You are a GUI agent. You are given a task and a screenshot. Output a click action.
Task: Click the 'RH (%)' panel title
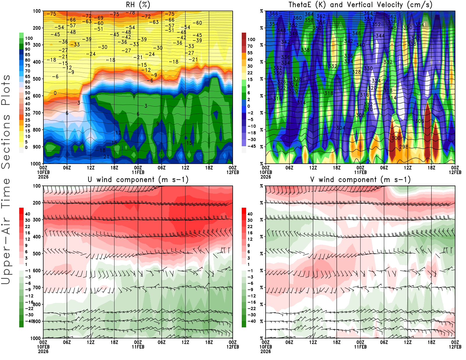point(138,5)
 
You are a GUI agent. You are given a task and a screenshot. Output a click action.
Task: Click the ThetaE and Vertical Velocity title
point(360,5)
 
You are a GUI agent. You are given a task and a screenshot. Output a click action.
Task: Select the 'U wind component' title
point(138,179)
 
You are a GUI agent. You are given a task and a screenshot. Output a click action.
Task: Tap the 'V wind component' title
point(360,179)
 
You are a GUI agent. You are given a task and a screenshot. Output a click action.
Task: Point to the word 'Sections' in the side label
point(6,142)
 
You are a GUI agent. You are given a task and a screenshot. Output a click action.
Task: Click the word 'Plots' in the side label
point(6,90)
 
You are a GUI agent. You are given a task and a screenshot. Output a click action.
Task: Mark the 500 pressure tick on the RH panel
point(37,79)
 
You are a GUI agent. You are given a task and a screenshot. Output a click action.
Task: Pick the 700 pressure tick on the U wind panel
point(37,287)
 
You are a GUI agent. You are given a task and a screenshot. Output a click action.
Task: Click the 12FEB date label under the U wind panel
point(233,347)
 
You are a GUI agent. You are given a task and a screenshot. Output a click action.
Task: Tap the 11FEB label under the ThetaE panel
point(360,172)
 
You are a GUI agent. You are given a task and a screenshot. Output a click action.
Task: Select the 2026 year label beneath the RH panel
point(43,177)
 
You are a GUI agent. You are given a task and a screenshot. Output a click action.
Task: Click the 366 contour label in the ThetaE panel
point(273,14)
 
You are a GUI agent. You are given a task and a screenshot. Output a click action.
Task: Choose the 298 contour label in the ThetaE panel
point(404,147)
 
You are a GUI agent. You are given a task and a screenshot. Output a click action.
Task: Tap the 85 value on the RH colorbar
point(27,55)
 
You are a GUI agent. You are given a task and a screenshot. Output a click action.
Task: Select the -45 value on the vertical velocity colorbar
point(251,146)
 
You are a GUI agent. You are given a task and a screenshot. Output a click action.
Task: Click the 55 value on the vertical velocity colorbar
point(250,53)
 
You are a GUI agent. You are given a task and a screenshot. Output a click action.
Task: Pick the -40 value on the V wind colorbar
point(251,321)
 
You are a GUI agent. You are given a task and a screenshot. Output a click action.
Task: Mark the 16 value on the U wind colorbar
point(27,233)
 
